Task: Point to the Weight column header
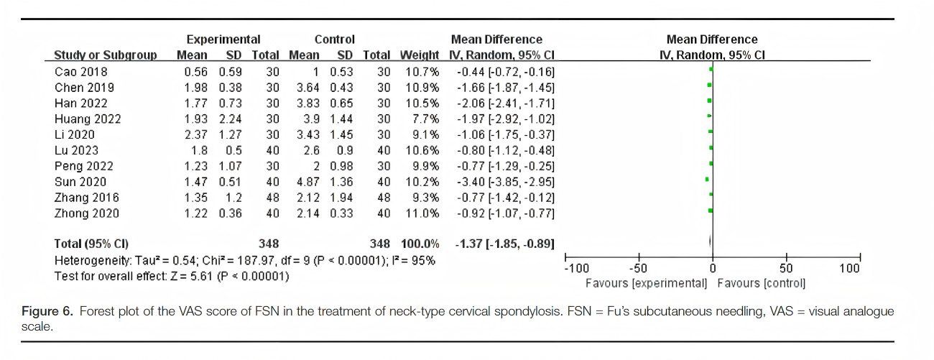(419, 55)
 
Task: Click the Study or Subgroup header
(106, 55)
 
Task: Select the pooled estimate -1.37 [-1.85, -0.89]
(504, 244)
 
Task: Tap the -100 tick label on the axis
(576, 269)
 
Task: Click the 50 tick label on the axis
(786, 269)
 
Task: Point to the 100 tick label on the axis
(849, 269)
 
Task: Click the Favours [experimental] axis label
(647, 283)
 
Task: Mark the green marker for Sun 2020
(707, 179)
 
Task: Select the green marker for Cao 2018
(711, 69)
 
